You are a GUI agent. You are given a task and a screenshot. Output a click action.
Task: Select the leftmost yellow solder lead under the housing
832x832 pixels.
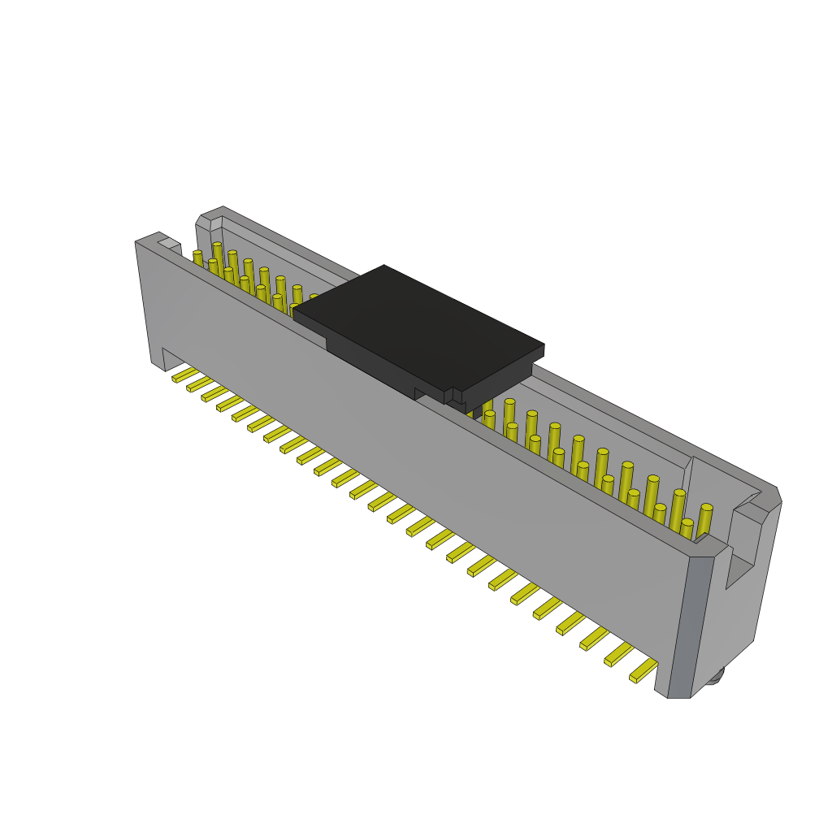tap(184, 375)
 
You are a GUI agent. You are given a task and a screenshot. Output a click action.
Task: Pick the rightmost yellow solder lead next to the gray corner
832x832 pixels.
tap(643, 670)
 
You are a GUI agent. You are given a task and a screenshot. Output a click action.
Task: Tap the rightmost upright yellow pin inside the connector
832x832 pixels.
tap(704, 520)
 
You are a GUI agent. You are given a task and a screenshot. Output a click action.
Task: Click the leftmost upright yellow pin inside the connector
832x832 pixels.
tap(198, 258)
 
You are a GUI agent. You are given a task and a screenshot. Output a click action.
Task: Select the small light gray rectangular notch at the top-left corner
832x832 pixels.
tap(169, 243)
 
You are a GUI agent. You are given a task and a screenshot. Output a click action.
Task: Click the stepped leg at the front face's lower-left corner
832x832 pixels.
tap(158, 357)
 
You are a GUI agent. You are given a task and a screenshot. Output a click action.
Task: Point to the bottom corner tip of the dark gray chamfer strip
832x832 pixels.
tap(679, 696)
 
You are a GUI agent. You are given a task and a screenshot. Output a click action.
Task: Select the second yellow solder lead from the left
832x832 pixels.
tap(199, 384)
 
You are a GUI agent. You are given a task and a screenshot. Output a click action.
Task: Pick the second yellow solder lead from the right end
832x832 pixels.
tap(618, 653)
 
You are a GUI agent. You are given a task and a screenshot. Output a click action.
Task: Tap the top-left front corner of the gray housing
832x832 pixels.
tap(137, 243)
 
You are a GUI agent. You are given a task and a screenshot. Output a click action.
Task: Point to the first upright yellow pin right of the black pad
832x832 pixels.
tap(487, 406)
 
